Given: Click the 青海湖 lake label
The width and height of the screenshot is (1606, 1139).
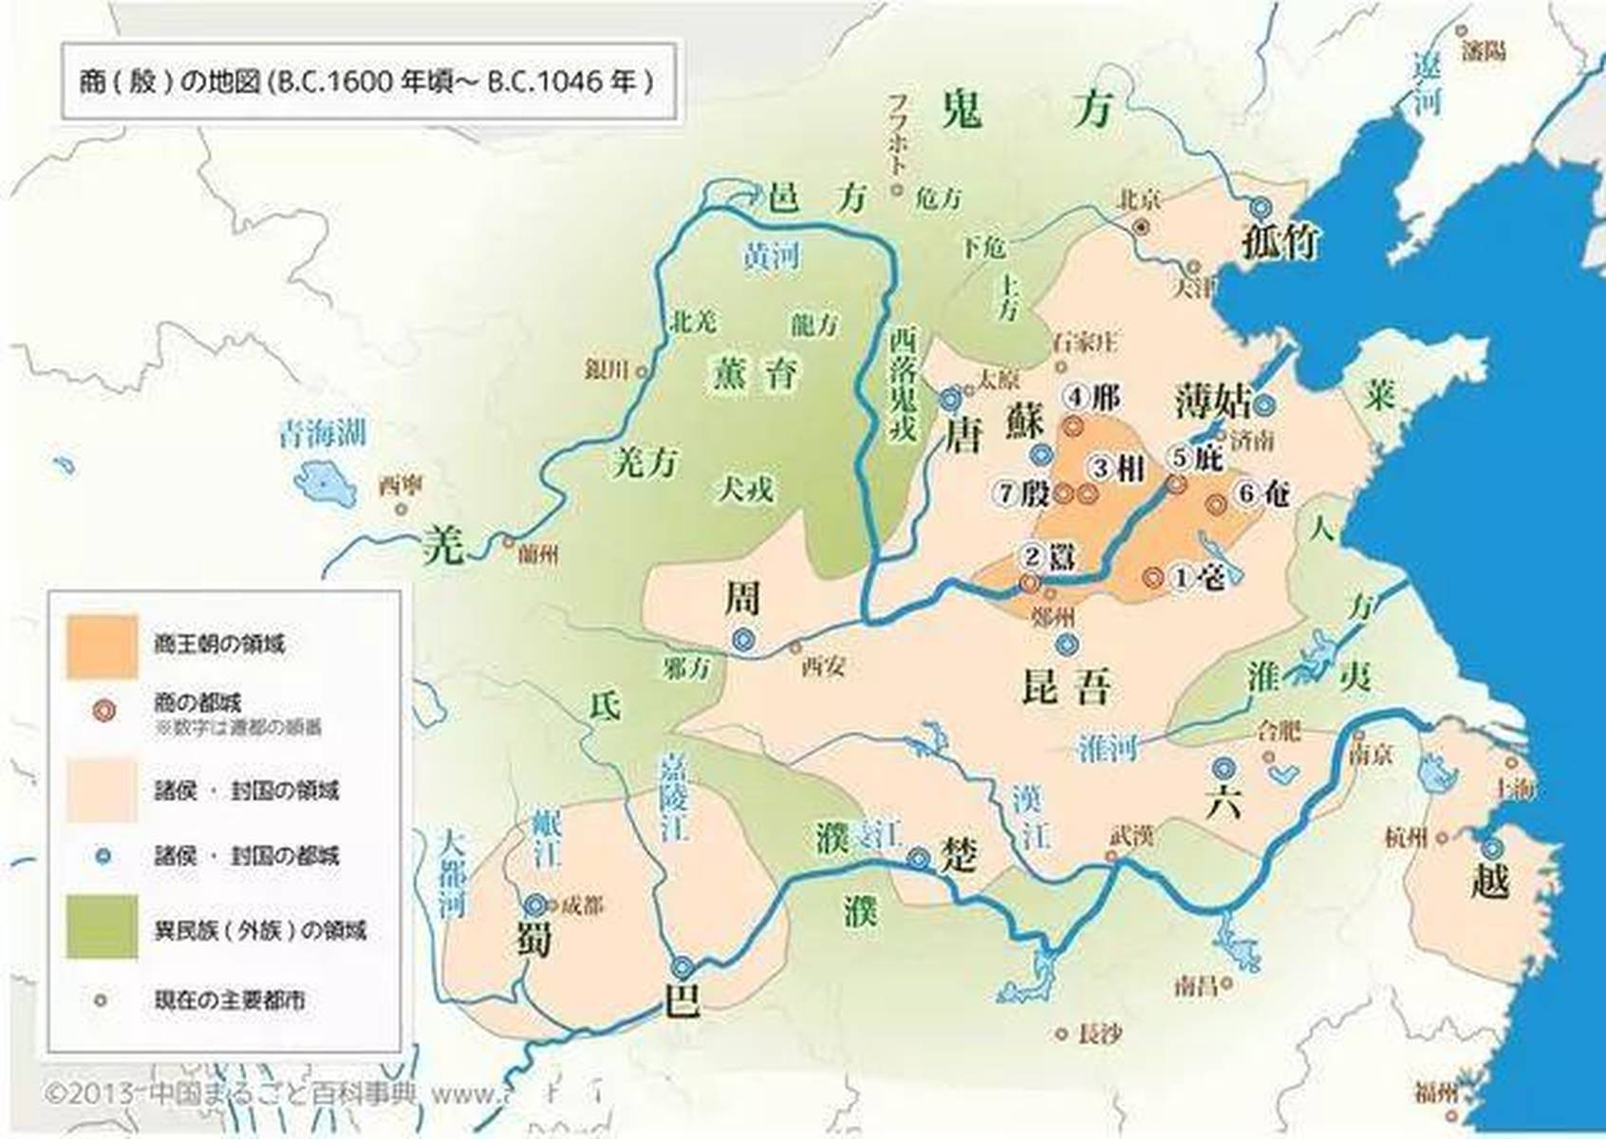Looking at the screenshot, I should pos(322,434).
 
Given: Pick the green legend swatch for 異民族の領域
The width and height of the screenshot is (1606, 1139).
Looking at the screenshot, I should pos(102,927).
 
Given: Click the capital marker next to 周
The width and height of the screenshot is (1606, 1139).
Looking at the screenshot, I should pos(743,641).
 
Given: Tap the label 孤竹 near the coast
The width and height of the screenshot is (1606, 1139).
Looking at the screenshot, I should pos(1280,242).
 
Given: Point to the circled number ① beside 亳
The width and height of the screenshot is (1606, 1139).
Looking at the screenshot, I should pos(1180,576).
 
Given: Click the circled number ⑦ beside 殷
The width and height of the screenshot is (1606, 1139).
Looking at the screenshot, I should pos(1007,493).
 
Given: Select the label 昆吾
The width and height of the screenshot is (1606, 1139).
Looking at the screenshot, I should pos(1065,686).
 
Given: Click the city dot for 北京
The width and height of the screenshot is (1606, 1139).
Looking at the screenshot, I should pos(1142,227).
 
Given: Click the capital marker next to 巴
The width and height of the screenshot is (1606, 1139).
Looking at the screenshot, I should pos(682,967).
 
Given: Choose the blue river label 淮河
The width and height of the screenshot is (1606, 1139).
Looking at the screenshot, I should pos(1108,749).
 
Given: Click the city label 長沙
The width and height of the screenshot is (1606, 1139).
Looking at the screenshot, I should pos(1100,1035).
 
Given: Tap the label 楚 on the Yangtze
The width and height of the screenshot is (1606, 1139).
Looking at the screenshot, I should pos(957,855).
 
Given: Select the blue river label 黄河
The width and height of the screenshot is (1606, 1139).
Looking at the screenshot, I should pos(771,255).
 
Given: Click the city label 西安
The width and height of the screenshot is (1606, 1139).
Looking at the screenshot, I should pos(823,666).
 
